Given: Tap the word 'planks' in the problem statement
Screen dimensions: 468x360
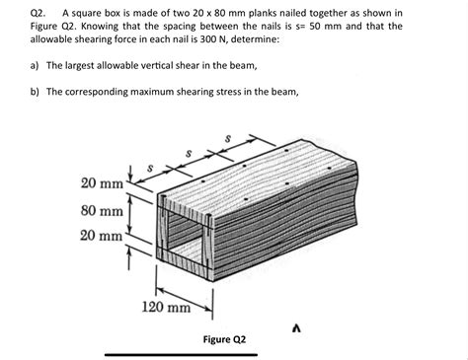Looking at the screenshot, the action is coord(259,13).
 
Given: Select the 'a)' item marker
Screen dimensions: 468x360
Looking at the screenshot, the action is coord(36,66).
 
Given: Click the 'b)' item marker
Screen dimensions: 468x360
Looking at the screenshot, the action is coord(36,92).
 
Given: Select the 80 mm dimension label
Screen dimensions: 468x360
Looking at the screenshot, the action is coord(102,211).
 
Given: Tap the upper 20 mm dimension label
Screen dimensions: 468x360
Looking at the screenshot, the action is coord(102,183).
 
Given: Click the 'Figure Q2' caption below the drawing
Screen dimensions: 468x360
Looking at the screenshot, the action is coord(224,339).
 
